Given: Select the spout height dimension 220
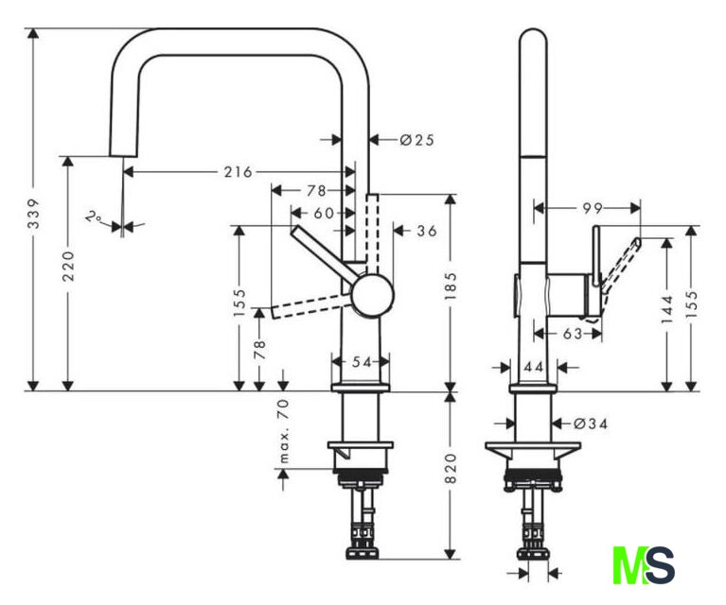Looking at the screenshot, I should (68, 274).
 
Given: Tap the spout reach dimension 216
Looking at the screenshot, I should (238, 172).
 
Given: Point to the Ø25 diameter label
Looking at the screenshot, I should (416, 140).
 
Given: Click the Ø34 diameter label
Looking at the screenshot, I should (591, 423).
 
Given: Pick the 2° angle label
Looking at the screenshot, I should (94, 217).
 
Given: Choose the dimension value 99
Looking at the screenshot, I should (593, 207).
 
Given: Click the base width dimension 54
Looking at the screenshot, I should (360, 362).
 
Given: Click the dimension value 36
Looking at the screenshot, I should (426, 230).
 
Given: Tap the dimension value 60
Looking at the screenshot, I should (324, 214).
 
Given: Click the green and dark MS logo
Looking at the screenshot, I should (644, 564).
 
